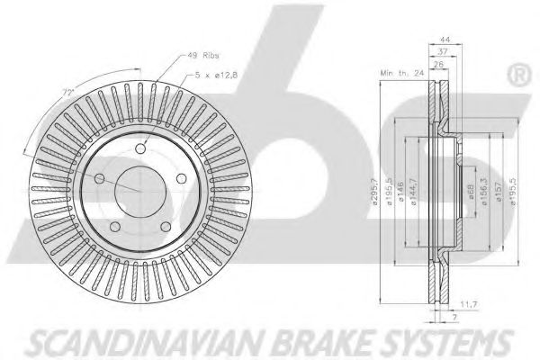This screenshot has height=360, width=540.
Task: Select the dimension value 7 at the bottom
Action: coord(455,318)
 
